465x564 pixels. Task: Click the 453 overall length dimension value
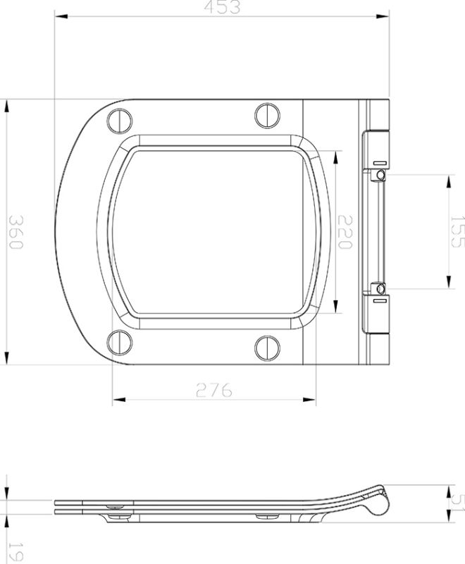point(223,7)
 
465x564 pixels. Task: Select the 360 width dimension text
point(16,232)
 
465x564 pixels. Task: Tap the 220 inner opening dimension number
point(345,232)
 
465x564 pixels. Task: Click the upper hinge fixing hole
point(380,174)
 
